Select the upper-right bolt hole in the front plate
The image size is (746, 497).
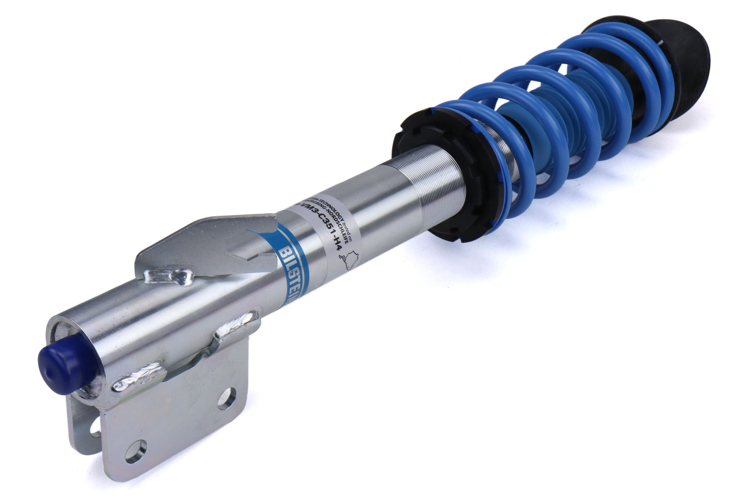pyautogui.click(x=226, y=398)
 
